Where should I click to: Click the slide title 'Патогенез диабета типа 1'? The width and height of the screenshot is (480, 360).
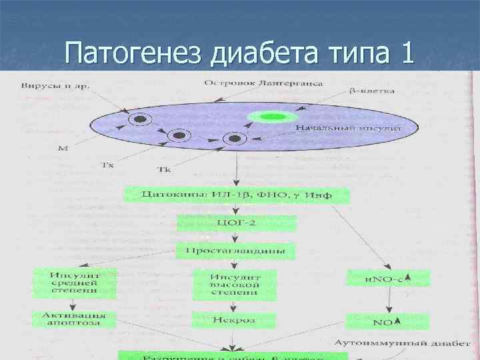[240, 51]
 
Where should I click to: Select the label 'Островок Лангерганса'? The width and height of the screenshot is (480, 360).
[263, 84]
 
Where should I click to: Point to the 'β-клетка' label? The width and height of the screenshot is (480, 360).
[372, 90]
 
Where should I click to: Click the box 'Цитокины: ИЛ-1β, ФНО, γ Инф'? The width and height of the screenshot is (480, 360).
[236, 195]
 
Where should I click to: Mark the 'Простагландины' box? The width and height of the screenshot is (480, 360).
[236, 251]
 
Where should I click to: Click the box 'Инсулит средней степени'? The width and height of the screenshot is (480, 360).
[75, 283]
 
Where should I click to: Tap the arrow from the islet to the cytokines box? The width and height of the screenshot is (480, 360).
[236, 169]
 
